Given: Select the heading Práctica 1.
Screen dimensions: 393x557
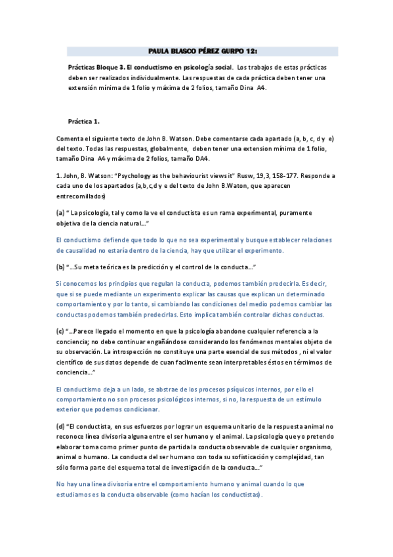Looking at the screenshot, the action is (x=84, y=121).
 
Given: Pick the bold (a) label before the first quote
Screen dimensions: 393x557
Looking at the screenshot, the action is (x=60, y=213).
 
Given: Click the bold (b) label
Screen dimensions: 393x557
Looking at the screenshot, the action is (x=60, y=267).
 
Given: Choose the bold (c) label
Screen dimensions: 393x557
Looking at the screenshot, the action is (x=60, y=332).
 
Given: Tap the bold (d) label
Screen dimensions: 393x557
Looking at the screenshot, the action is (x=60, y=426).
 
